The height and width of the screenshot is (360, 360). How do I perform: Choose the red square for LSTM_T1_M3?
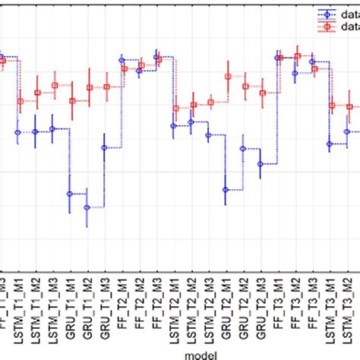pos(55,86)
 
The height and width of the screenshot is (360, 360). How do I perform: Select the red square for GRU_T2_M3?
pos(263,93)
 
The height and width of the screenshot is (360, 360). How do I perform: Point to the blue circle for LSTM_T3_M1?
pos(330,144)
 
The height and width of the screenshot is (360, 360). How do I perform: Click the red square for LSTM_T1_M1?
pos(20,101)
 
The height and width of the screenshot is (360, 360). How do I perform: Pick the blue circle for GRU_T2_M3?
pos(261,163)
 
